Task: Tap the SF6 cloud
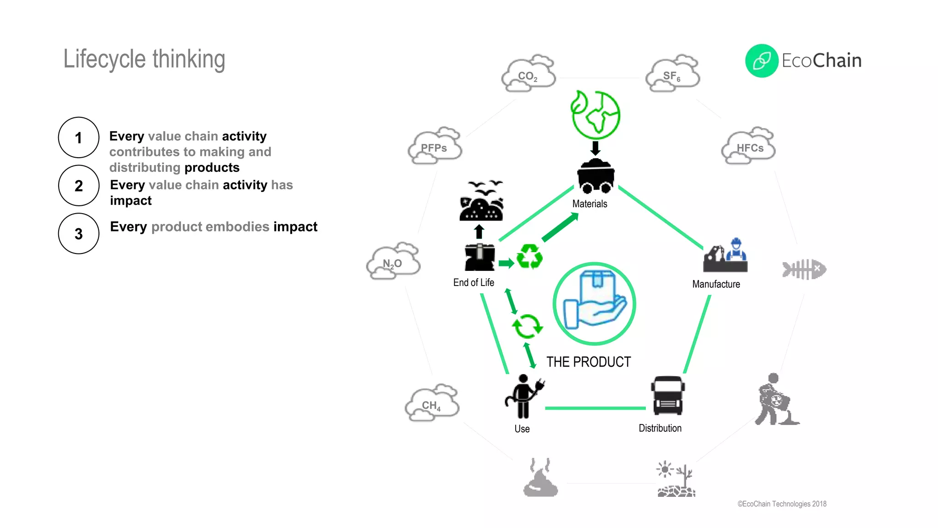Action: (x=672, y=75)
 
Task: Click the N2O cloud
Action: (x=393, y=262)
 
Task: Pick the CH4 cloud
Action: (x=431, y=404)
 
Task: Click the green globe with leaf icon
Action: (x=595, y=115)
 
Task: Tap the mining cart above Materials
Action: (x=595, y=176)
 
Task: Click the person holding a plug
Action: (x=524, y=397)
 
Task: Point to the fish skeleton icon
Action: (x=804, y=269)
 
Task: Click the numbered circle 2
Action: (x=79, y=186)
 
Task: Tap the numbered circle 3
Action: (x=79, y=234)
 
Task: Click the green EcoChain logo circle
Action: (x=762, y=60)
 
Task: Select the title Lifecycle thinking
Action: (x=144, y=59)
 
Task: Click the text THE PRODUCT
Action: (x=589, y=362)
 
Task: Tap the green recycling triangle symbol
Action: (x=529, y=257)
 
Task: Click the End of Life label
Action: (x=474, y=283)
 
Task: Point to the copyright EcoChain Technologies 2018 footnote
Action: (x=782, y=504)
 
